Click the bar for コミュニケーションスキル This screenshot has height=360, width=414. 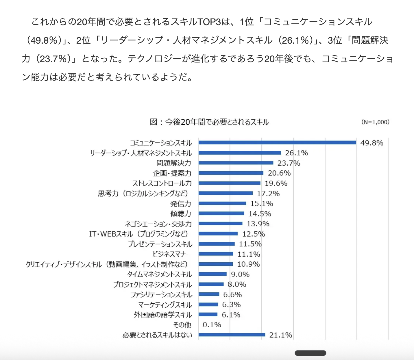coord(277,142)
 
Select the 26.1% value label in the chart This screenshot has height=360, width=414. coord(296,153)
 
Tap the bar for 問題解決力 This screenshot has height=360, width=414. coord(236,163)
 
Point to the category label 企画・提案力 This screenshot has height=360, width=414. coord(172,173)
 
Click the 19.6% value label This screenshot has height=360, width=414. coord(276,183)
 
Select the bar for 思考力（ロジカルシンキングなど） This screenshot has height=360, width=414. coord(226,193)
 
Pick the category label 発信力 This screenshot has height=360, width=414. coord(181,204)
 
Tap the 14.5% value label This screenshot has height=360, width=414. coord(260,214)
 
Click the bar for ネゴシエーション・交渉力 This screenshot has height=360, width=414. coord(220,223)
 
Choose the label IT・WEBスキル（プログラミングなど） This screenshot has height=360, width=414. coord(139,234)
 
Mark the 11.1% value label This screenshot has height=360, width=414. coord(249,254)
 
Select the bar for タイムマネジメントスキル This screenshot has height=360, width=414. coord(212,274)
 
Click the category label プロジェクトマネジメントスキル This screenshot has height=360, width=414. coord(152,285)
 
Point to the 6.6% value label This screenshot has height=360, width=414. coord(232,295)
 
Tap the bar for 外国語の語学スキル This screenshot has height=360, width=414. coord(208,314)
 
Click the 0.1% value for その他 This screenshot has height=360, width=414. coord(212,325)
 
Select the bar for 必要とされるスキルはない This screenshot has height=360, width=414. coord(232,335)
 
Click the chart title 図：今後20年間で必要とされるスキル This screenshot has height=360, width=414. coord(209,122)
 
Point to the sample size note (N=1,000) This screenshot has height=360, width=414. coord(375,122)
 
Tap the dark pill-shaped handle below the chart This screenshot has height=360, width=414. coord(310,353)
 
